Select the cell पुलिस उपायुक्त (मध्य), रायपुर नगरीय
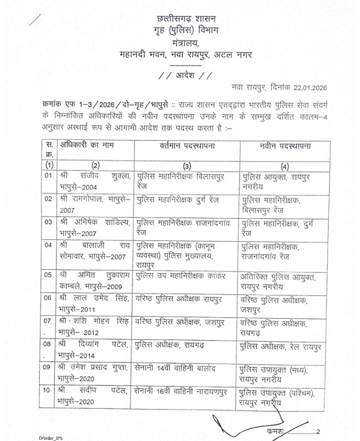(x=275, y=374)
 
